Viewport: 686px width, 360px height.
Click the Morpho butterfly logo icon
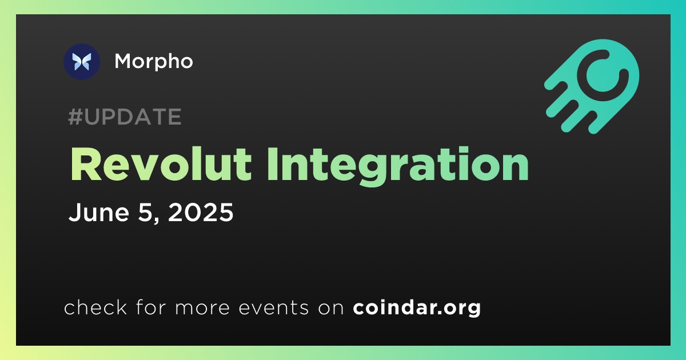point(82,62)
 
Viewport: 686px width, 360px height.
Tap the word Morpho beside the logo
point(154,62)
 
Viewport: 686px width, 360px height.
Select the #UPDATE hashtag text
point(125,117)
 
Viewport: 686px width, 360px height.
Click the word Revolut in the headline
point(161,165)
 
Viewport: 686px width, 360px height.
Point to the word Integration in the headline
point(398,166)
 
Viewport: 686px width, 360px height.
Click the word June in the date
point(99,212)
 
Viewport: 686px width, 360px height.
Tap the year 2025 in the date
point(201,212)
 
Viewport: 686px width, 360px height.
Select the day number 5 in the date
point(145,212)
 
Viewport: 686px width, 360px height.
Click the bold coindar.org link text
point(417,307)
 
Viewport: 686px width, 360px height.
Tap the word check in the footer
point(95,307)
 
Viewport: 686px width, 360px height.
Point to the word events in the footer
point(274,307)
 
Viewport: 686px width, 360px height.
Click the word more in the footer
point(202,308)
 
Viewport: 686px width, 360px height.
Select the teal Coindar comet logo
point(592,86)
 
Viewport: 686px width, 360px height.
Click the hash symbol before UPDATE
point(75,117)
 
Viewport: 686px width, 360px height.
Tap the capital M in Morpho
point(125,61)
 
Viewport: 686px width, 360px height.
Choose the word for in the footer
point(151,307)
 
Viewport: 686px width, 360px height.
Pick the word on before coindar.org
point(331,308)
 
